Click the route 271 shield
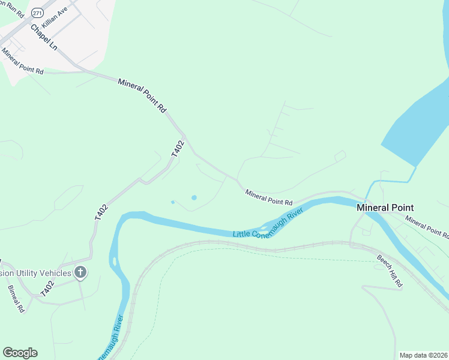coord(37,13)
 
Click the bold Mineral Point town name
coord(385,208)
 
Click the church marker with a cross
coord(80,273)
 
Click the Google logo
coord(20,352)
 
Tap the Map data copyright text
coord(424,355)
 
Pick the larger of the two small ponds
coord(193,197)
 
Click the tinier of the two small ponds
coord(173,202)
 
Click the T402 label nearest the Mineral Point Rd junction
coord(177,149)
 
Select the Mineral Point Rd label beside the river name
coord(268,197)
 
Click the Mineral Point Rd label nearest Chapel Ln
coord(23,62)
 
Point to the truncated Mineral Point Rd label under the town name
coord(426,226)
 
